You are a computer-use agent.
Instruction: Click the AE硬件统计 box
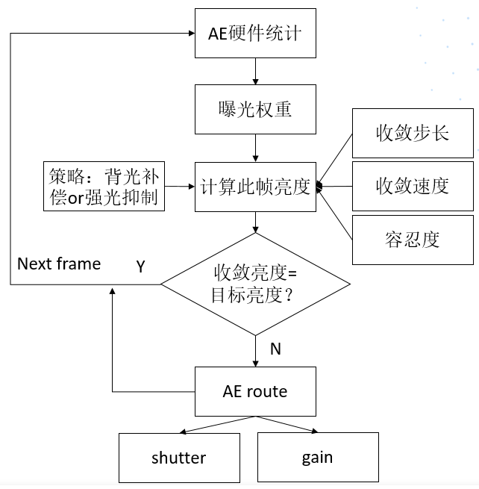pyautogui.click(x=255, y=34)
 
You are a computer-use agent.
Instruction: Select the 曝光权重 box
pyautogui.click(x=255, y=110)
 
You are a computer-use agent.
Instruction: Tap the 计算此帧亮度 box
pyautogui.click(x=255, y=186)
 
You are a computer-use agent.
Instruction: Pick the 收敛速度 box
pyautogui.click(x=413, y=185)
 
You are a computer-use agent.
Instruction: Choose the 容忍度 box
pyautogui.click(x=413, y=239)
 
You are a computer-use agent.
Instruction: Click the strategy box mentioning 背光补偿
pyautogui.click(x=104, y=186)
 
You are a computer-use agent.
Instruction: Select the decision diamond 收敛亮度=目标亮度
pyautogui.click(x=255, y=284)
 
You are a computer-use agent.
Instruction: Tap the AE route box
pyautogui.click(x=255, y=391)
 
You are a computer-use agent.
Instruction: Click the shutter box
pyautogui.click(x=179, y=457)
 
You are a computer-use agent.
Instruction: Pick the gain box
pyautogui.click(x=317, y=457)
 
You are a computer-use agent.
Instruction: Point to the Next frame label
pyautogui.click(x=59, y=264)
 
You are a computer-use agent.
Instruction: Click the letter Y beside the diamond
pyautogui.click(x=140, y=266)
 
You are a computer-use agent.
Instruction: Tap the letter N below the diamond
pyautogui.click(x=275, y=349)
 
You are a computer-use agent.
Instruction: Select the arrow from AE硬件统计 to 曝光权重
pyautogui.click(x=255, y=72)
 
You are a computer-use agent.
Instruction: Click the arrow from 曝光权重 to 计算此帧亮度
pyautogui.click(x=255, y=148)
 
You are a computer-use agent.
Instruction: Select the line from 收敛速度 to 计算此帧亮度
pyautogui.click(x=336, y=186)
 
